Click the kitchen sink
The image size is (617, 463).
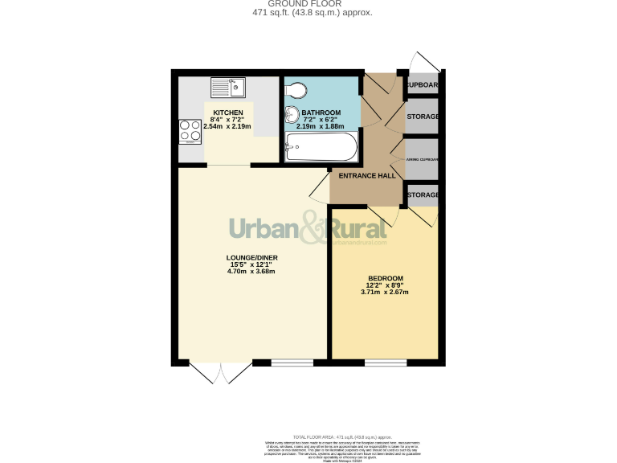tap(229, 84)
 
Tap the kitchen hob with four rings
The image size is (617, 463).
tap(190, 130)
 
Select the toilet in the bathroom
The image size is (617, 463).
tap(294, 88)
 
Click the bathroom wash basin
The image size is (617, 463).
tap(291, 115)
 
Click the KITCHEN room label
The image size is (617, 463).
tap(227, 113)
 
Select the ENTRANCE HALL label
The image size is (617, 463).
tap(366, 175)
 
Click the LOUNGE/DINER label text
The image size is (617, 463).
tap(251, 257)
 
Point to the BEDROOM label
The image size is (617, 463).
tap(385, 278)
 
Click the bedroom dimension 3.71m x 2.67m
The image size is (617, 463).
tap(385, 292)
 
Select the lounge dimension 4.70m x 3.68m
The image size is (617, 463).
tap(251, 272)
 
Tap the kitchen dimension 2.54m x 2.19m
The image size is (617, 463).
tap(227, 126)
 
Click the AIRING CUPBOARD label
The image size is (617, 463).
tap(423, 160)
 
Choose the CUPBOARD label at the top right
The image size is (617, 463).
tap(423, 84)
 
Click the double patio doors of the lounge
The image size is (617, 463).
tap(220, 371)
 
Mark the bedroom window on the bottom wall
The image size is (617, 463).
tap(386, 363)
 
